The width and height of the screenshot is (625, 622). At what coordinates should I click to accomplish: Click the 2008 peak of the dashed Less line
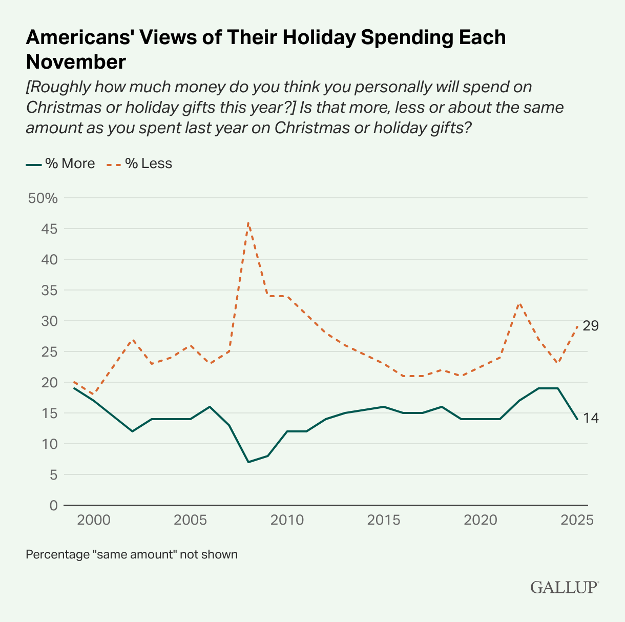[248, 223]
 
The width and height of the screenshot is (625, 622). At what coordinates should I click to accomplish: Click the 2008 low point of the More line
[248, 462]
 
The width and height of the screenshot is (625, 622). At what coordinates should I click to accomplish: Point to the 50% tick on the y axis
[44, 198]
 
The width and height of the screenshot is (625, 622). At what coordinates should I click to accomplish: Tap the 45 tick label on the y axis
[49, 229]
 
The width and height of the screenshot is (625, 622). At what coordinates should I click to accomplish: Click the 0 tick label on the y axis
[53, 505]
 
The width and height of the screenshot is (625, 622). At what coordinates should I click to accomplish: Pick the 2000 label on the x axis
[94, 520]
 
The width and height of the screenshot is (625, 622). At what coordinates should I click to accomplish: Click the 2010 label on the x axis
[287, 520]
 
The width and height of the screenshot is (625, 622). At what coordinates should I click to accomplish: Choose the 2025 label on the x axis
[577, 520]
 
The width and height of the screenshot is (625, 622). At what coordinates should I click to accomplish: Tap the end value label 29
[591, 326]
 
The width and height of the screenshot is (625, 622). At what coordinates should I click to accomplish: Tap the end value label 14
[591, 418]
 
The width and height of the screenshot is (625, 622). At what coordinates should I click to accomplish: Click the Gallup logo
[564, 586]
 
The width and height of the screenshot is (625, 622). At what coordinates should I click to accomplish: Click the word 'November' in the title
[76, 62]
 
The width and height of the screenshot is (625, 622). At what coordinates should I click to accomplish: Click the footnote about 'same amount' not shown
[132, 554]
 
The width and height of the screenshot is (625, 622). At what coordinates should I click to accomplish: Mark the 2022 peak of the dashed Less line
[519, 303]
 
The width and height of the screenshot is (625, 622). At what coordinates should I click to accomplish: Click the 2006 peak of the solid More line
[210, 407]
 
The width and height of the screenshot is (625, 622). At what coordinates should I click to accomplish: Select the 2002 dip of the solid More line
[132, 431]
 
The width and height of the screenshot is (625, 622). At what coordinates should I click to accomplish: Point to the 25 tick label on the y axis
[49, 352]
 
